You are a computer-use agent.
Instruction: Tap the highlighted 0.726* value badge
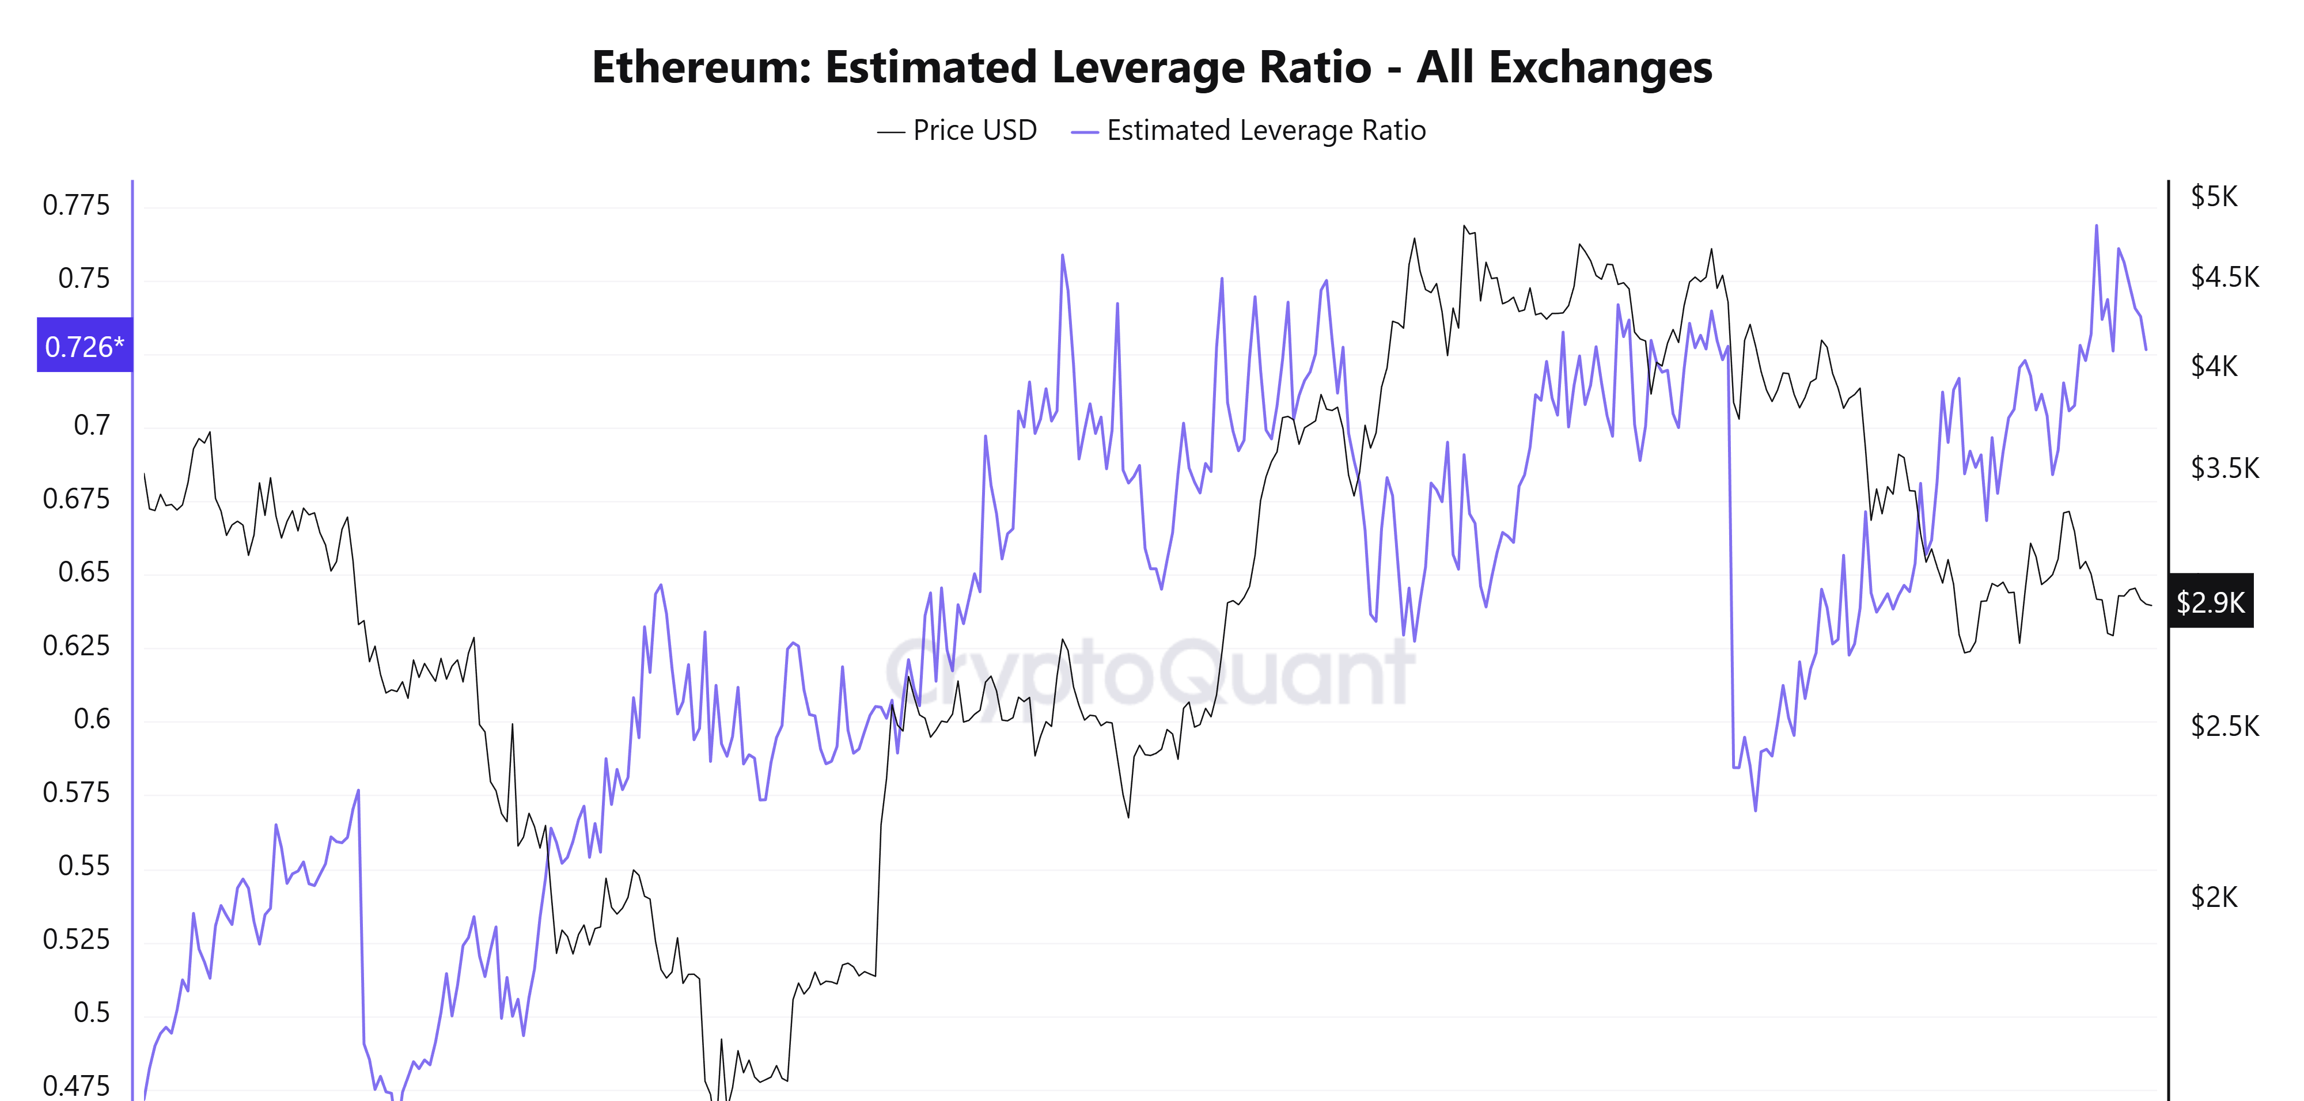point(84,346)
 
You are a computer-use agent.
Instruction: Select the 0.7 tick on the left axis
point(91,426)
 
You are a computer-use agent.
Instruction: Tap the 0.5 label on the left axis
point(91,1012)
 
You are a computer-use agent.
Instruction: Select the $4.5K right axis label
point(2225,277)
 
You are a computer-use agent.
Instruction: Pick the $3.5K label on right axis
point(2225,468)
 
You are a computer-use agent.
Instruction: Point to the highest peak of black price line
point(1464,226)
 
